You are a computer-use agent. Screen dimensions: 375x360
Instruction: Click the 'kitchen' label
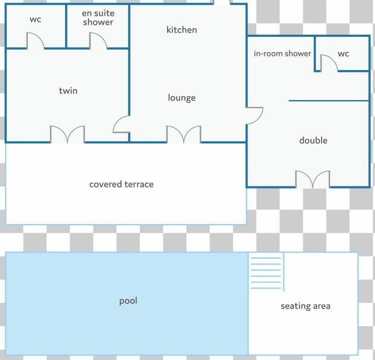(182, 30)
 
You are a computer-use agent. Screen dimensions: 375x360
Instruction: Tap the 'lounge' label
(182, 98)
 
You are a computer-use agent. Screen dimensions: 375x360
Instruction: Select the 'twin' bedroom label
(68, 91)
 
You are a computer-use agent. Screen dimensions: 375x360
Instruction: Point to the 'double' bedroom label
(313, 140)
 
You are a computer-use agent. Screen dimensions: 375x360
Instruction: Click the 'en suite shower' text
(98, 18)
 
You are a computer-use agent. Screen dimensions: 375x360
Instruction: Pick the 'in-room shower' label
(282, 53)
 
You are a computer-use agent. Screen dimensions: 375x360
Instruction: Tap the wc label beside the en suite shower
(36, 20)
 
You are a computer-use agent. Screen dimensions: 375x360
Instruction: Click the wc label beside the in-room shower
(343, 54)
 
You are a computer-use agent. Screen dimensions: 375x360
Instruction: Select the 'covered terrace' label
(121, 184)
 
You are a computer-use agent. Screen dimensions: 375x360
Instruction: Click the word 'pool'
(128, 301)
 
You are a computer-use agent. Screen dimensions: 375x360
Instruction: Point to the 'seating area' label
(305, 306)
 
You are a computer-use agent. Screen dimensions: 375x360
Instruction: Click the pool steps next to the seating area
(266, 273)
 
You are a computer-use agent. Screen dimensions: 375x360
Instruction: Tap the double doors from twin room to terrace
(68, 134)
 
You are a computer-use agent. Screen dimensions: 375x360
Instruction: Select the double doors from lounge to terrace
(184, 134)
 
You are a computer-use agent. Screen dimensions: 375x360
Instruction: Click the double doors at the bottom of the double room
(312, 179)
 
